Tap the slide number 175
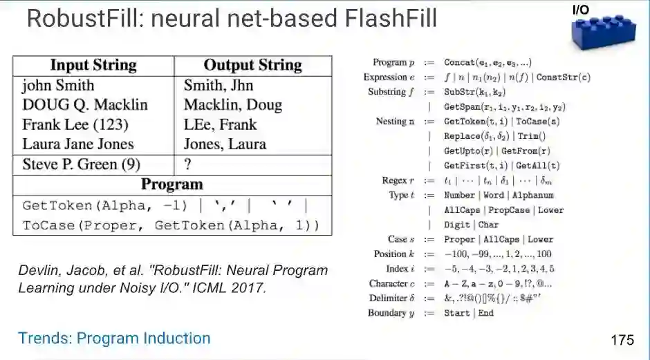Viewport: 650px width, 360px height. click(622, 340)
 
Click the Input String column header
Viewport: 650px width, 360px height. click(93, 66)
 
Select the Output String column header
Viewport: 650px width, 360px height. click(252, 66)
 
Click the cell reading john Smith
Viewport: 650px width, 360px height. click(58, 86)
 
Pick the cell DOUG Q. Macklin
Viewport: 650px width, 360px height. click(84, 105)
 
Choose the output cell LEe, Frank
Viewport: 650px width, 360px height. click(220, 125)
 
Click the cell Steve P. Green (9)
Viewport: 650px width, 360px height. click(82, 164)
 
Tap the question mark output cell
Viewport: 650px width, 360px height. click(187, 164)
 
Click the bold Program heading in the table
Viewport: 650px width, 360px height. click(172, 184)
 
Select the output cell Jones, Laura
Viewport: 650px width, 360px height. click(225, 144)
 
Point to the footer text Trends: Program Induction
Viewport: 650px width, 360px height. click(114, 338)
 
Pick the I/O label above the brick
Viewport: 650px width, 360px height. click(582, 10)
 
